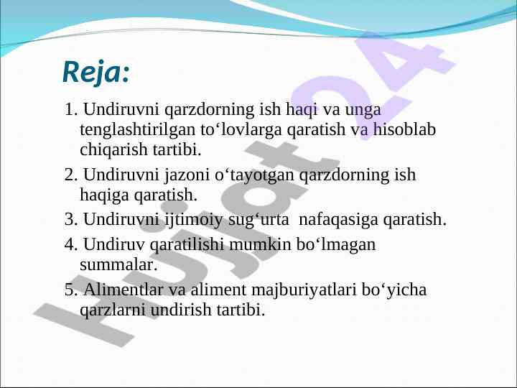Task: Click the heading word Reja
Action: (x=93, y=73)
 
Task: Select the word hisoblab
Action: (x=404, y=129)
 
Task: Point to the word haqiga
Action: (x=105, y=195)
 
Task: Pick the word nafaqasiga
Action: (x=338, y=220)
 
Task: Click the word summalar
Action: (x=118, y=265)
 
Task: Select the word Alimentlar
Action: (x=124, y=290)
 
